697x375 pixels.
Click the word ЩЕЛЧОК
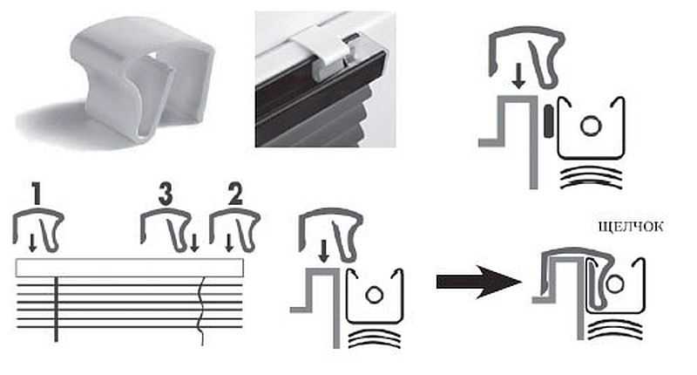click(631, 227)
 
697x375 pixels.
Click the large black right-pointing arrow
click(478, 282)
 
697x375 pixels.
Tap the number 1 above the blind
click(37, 194)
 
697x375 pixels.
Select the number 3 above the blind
click(166, 194)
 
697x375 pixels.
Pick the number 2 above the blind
click(235, 194)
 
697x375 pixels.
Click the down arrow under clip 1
click(32, 243)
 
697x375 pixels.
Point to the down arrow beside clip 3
click(193, 243)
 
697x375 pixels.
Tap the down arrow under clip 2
click(229, 243)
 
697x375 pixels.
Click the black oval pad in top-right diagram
click(549, 121)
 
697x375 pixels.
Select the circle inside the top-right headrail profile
click(591, 126)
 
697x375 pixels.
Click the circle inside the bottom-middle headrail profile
click(374, 295)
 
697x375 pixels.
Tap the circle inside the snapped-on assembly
click(615, 283)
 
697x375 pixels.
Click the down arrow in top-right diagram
click(518, 76)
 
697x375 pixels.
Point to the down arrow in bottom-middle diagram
click(324, 251)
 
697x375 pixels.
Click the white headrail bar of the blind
click(129, 268)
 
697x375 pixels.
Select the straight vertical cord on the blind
click(56, 310)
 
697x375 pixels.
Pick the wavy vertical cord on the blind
click(202, 311)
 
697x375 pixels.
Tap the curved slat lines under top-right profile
click(591, 178)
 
